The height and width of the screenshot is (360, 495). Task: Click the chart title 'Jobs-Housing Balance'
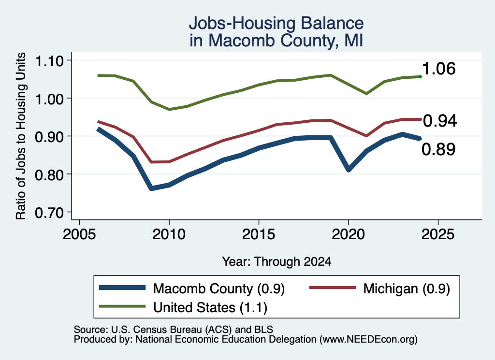276,23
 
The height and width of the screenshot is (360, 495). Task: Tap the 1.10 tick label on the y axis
49,60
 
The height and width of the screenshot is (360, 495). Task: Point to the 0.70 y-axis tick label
49,213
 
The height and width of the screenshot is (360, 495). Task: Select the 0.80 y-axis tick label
49,175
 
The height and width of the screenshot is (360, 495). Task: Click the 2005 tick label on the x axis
79,234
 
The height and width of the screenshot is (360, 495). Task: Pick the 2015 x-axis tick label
259,234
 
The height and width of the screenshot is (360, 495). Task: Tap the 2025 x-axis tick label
438,234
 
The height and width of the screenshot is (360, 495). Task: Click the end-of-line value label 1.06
439,69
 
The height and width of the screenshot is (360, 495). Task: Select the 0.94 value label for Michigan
440,121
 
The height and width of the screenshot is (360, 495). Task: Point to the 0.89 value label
438,149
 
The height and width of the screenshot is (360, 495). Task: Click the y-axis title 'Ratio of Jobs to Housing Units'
21,136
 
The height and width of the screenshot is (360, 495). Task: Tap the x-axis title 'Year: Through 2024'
277,261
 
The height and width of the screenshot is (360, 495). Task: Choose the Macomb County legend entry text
219,288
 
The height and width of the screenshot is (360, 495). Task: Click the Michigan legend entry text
407,288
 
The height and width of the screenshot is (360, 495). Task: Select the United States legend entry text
210,308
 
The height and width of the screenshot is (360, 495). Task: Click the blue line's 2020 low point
349,170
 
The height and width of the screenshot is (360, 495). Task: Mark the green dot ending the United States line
420,77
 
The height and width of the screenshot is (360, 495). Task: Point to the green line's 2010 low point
169,110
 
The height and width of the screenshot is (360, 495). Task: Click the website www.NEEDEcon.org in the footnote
368,340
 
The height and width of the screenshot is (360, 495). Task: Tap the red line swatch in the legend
333,288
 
